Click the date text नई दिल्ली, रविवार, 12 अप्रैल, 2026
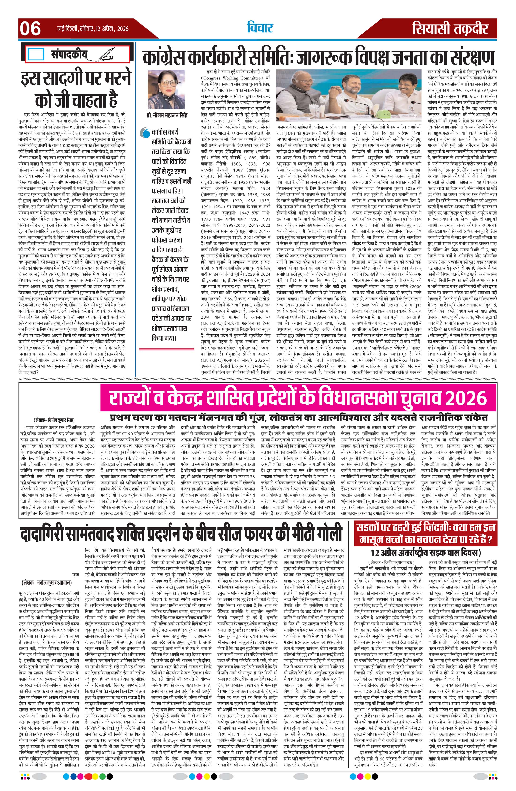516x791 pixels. pyautogui.click(x=92, y=29)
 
